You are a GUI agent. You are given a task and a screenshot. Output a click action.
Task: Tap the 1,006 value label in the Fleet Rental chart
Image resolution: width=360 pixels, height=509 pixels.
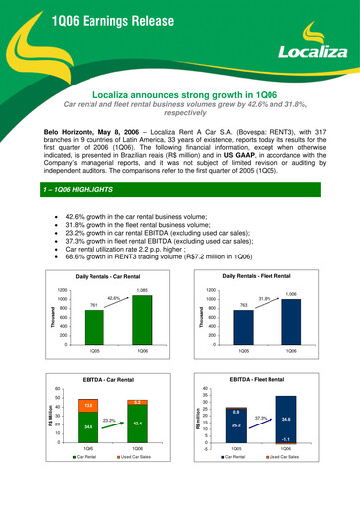point(290,268)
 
